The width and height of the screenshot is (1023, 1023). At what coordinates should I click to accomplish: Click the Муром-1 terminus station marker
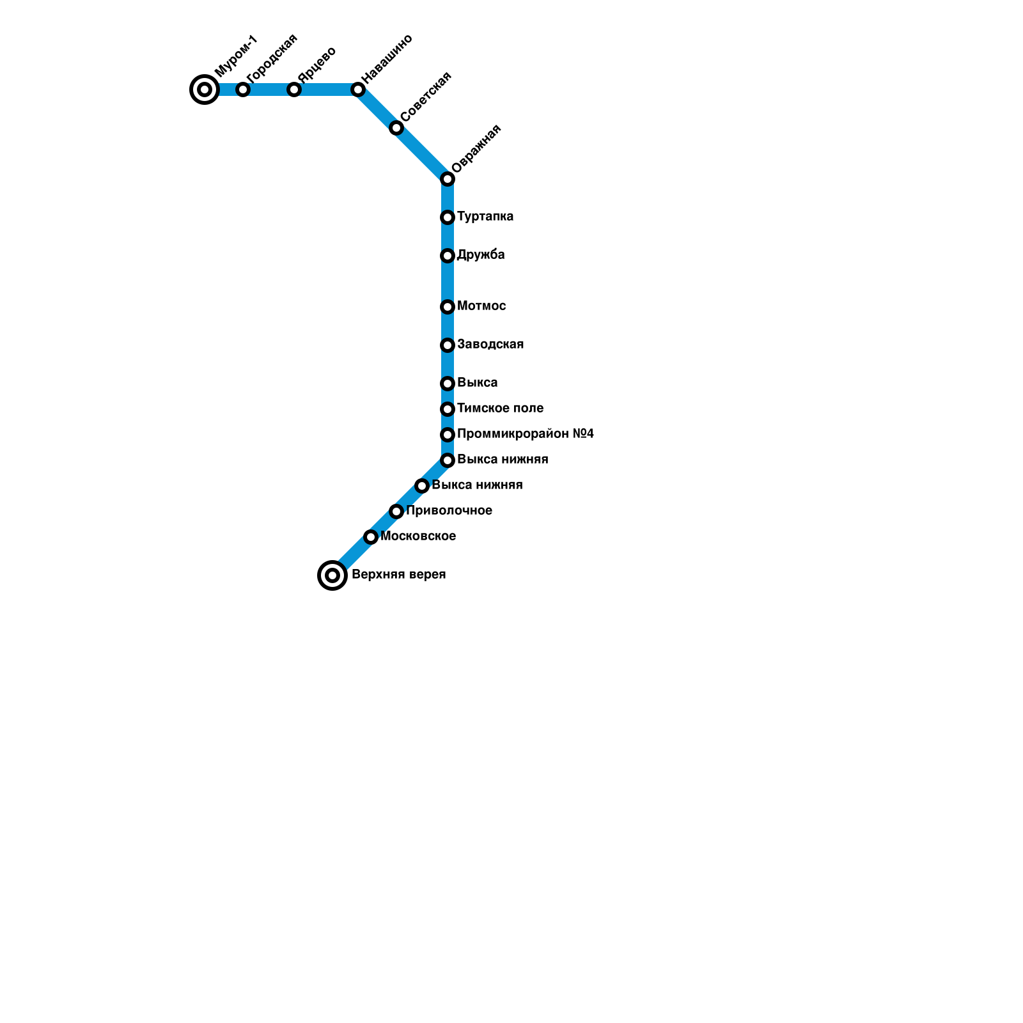point(205,90)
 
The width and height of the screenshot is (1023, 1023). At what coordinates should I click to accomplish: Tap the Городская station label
point(272,58)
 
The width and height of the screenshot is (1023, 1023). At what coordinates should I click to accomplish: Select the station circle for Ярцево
point(294,90)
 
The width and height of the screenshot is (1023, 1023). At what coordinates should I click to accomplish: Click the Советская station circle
point(396,128)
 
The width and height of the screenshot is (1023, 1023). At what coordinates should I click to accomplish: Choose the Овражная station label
point(476,148)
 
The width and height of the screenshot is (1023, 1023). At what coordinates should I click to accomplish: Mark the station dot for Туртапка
point(448,217)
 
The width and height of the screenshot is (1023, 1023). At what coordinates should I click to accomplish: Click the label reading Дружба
point(481,255)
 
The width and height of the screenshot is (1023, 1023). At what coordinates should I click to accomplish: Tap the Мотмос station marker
point(448,307)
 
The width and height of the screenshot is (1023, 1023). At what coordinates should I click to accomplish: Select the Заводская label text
point(490,345)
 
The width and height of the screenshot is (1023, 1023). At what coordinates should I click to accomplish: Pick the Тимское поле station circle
point(448,409)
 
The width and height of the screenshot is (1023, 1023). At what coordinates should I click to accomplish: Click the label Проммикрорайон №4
point(526,434)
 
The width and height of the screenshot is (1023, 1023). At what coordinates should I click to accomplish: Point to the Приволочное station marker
point(396,511)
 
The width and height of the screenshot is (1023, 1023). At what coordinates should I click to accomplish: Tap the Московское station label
point(418,536)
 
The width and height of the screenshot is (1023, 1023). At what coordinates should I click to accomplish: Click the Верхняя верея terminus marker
point(332,575)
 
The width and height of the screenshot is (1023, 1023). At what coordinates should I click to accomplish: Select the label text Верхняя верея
point(398,575)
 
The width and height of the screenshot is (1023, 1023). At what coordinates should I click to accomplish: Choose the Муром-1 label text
point(236,56)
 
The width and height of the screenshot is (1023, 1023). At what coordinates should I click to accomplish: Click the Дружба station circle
point(448,256)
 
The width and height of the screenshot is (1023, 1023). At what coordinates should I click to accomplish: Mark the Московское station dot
point(371,537)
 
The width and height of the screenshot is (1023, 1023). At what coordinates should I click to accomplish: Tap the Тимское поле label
point(500,409)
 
